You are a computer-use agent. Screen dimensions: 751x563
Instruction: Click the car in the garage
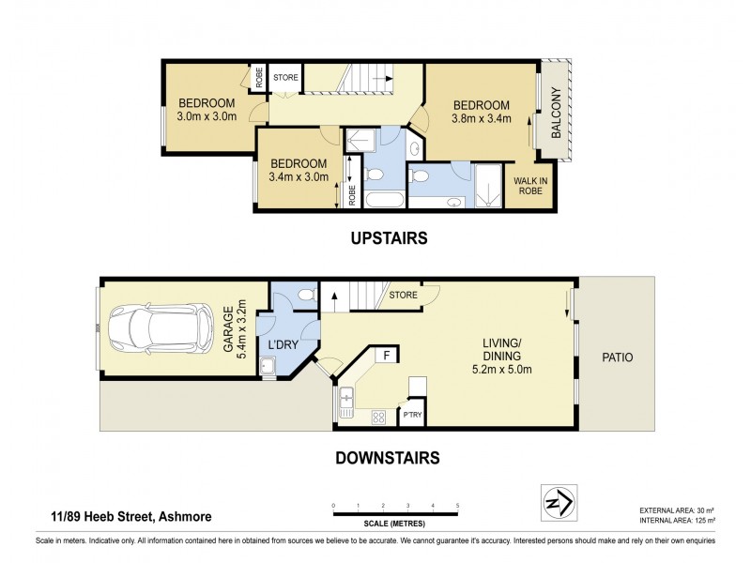pyautogui.click(x=160, y=327)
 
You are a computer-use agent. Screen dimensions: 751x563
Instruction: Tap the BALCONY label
pyautogui.click(x=556, y=113)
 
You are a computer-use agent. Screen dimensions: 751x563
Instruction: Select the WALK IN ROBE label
pyautogui.click(x=530, y=186)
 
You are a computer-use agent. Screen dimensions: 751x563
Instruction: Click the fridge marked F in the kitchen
pyautogui.click(x=388, y=356)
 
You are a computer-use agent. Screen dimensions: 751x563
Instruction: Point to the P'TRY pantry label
pyautogui.click(x=412, y=415)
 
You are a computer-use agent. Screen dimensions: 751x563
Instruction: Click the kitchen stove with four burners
pyautogui.click(x=378, y=417)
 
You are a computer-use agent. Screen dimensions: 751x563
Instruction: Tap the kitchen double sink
pyautogui.click(x=345, y=403)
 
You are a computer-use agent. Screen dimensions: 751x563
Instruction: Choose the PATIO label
pyautogui.click(x=618, y=358)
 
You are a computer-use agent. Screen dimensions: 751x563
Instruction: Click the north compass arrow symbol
pyautogui.click(x=559, y=503)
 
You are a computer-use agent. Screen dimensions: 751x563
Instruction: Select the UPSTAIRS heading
pyautogui.click(x=389, y=238)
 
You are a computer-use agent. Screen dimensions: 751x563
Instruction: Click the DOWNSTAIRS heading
pyautogui.click(x=388, y=458)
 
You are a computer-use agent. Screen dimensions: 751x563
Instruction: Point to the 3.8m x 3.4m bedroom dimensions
pyautogui.click(x=482, y=118)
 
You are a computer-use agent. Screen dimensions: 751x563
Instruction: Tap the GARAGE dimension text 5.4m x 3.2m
pyautogui.click(x=242, y=329)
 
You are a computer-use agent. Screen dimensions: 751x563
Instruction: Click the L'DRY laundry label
pyautogui.click(x=284, y=344)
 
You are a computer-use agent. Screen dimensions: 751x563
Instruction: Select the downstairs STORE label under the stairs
pyautogui.click(x=403, y=295)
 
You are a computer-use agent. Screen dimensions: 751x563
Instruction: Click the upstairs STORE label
pyautogui.click(x=285, y=77)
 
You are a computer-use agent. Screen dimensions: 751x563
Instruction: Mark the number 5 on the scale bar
pyautogui.click(x=458, y=506)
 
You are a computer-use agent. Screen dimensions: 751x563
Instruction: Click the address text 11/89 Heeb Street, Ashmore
pyautogui.click(x=131, y=517)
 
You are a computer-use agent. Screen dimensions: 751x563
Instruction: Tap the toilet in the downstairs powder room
pyautogui.click(x=307, y=295)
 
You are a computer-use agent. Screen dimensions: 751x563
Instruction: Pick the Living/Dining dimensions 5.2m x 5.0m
pyautogui.click(x=501, y=369)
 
